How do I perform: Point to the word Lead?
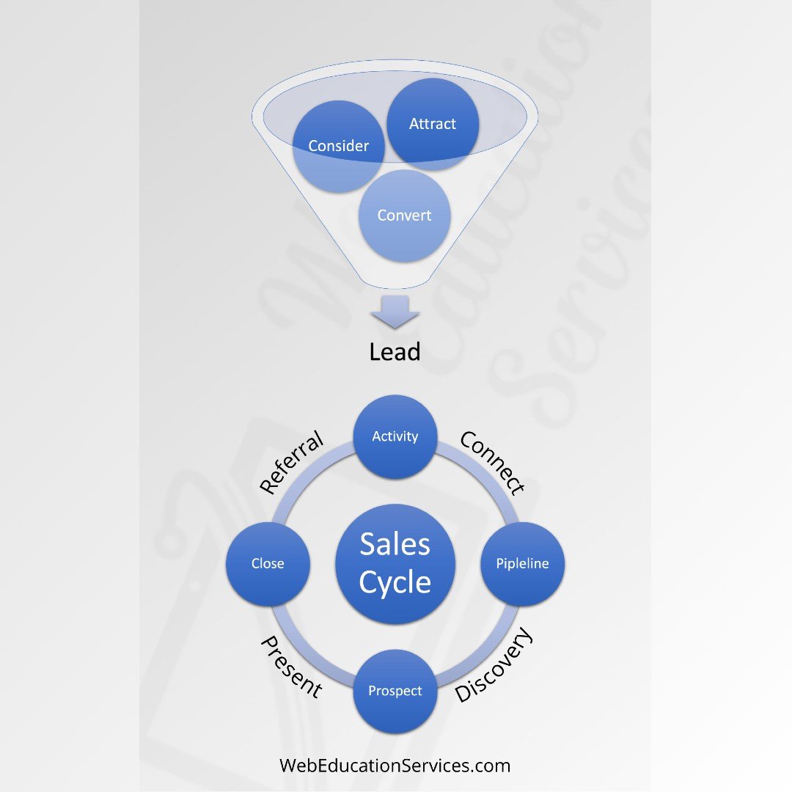[x=395, y=352]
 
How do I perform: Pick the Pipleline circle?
[x=522, y=564]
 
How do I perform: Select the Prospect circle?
[x=395, y=691]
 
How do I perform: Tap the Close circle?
[x=268, y=564]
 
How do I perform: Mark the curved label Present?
[x=292, y=666]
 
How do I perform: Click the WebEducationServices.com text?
[x=395, y=766]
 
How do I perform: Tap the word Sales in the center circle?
[x=395, y=544]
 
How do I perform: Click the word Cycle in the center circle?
[x=395, y=583]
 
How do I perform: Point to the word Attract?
[x=433, y=124]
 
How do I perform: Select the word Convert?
[x=404, y=216]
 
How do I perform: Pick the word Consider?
[x=338, y=146]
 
